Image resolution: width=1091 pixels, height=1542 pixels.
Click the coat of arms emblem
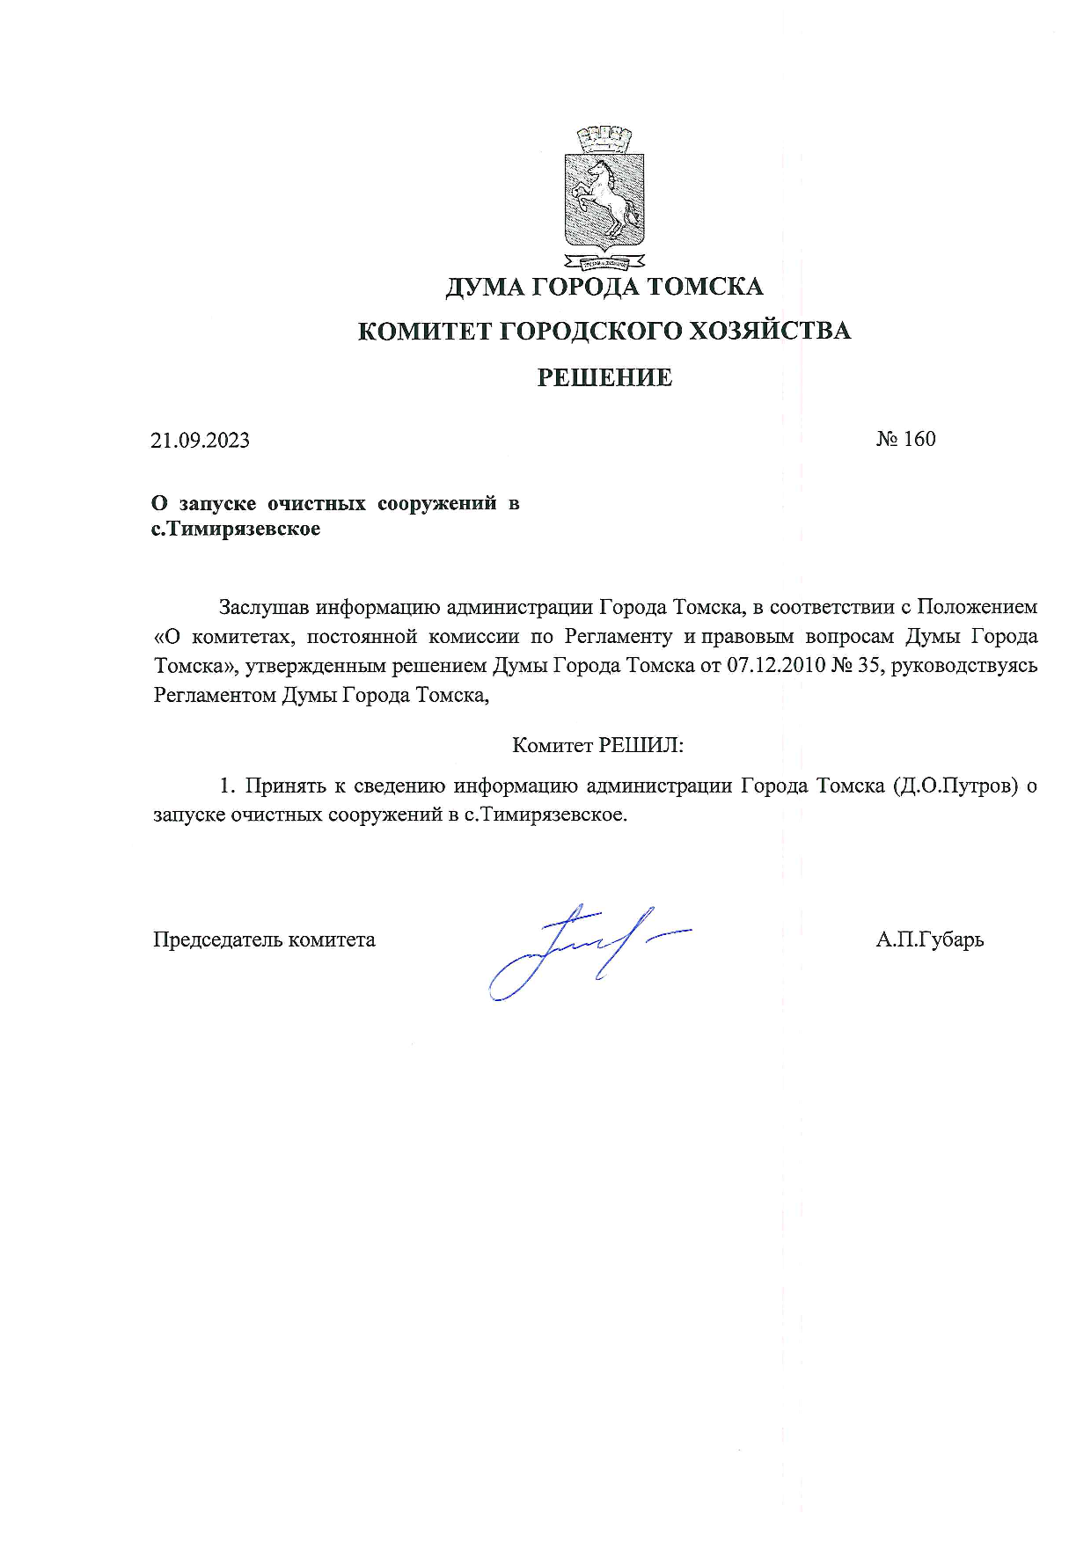[x=604, y=199]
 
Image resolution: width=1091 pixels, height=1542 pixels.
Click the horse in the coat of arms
[x=604, y=199]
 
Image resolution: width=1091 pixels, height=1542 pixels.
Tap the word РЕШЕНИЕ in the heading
[x=604, y=377]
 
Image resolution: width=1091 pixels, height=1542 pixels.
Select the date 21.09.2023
[x=200, y=440]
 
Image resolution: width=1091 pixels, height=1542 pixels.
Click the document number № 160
[x=905, y=439]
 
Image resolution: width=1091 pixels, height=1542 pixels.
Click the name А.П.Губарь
[x=929, y=939]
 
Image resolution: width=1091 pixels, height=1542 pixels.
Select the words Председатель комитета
[x=264, y=939]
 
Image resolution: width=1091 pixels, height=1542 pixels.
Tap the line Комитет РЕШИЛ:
[x=597, y=745]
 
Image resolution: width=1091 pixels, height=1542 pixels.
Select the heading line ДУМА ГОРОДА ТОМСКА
[x=604, y=287]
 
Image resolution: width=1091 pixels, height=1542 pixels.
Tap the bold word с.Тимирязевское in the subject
[x=236, y=530]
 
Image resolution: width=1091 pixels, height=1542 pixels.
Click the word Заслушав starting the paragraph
[x=264, y=607]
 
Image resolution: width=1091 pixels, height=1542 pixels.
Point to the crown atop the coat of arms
[x=604, y=138]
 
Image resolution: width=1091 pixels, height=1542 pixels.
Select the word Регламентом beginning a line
[x=215, y=695]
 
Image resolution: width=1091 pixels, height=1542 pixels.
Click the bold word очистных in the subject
[x=316, y=503]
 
